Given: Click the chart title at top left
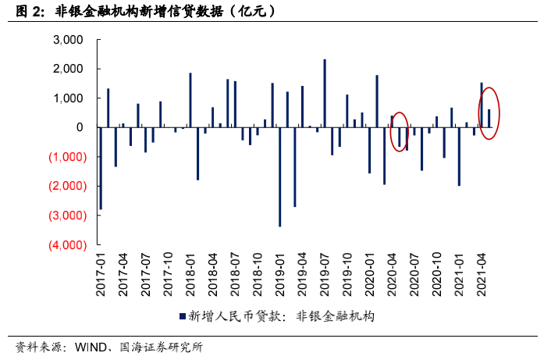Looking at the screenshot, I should tap(144, 12).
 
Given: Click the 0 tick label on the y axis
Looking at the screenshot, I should tap(80, 127).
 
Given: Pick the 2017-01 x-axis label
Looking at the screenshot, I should tap(101, 274).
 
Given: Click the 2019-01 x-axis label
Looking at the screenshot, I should tap(279, 274).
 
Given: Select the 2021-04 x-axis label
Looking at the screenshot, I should tap(481, 274).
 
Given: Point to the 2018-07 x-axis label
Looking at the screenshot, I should tap(235, 274).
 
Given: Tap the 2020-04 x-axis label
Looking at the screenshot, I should tap(392, 274).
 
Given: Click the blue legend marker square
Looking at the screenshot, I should tap(182, 316).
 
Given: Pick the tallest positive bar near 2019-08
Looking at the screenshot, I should tap(325, 93).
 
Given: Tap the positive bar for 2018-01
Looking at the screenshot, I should tap(190, 100).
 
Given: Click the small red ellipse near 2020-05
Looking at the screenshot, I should tap(400, 130).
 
